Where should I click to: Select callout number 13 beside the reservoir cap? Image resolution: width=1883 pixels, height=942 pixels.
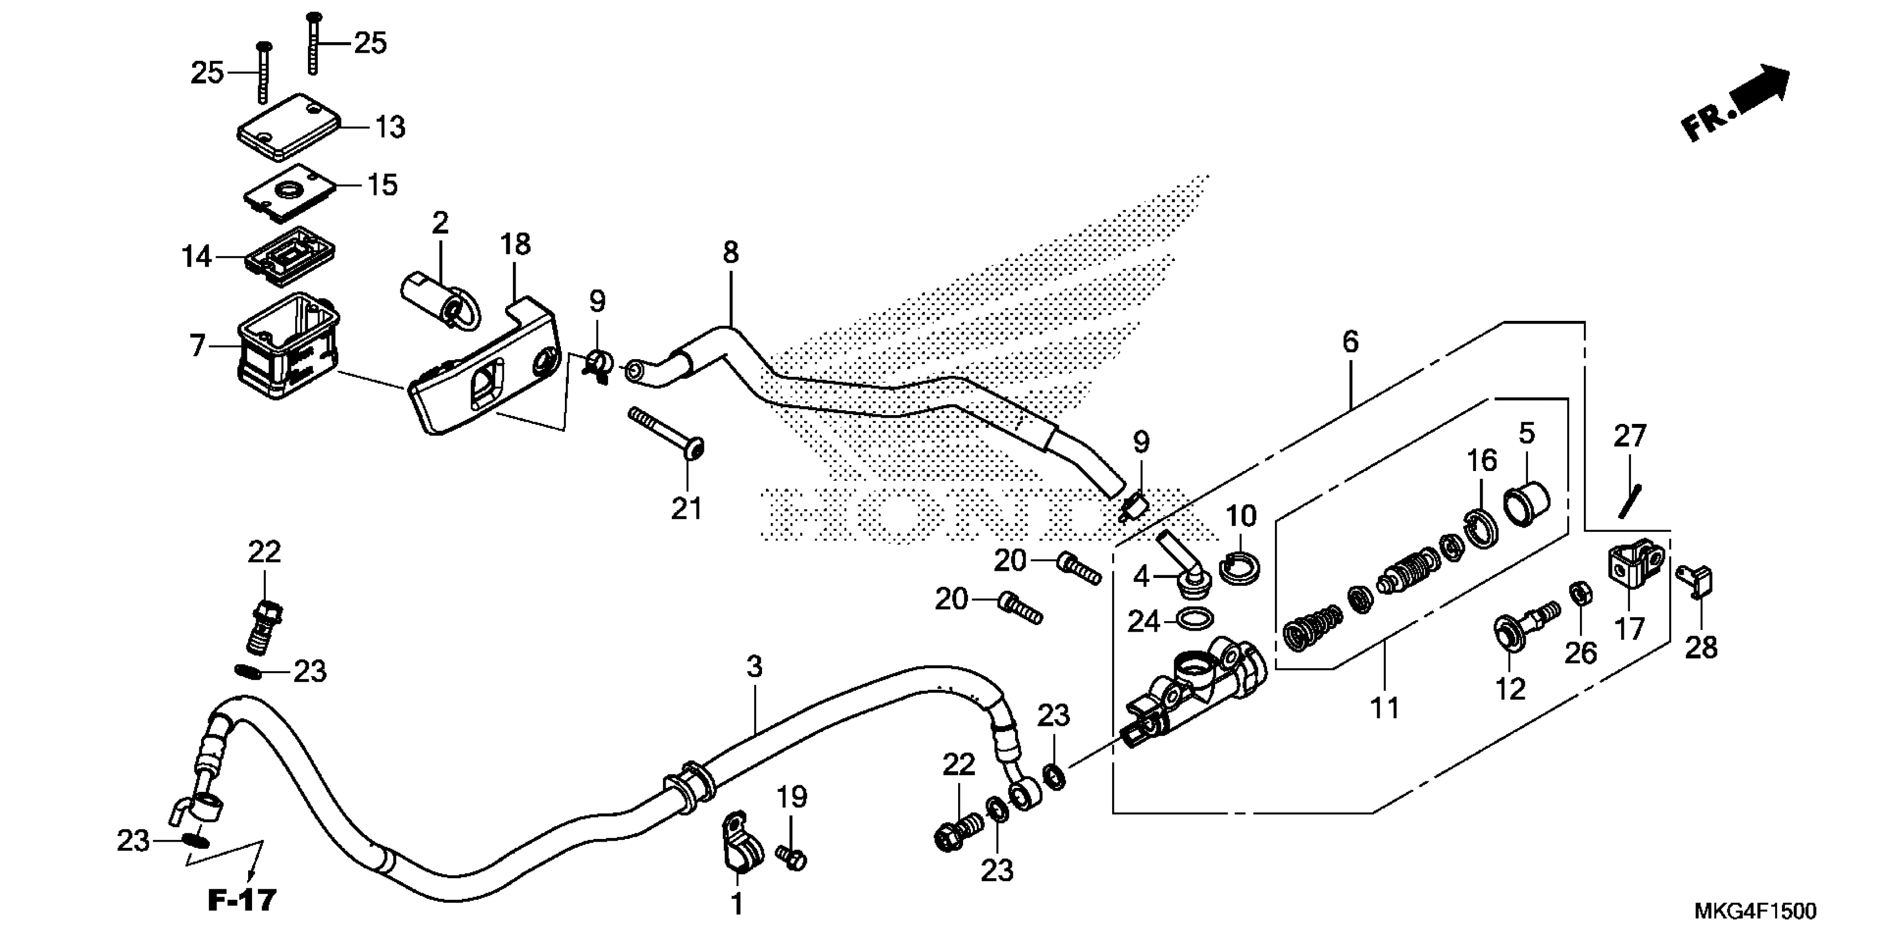coord(389,127)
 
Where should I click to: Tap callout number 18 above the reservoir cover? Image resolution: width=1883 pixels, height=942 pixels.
coord(516,244)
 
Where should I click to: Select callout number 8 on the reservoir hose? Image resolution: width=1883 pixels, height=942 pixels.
coord(730,252)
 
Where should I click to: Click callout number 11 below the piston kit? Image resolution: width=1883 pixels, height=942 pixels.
coord(1385,708)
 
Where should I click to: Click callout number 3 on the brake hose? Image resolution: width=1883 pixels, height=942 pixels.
coord(754,666)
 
